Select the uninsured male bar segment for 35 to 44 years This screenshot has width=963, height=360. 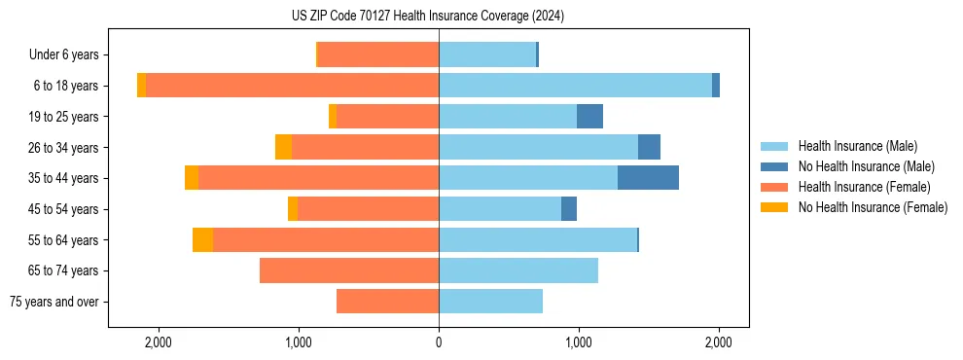pos(648,178)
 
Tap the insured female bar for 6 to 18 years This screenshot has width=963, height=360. pos(292,86)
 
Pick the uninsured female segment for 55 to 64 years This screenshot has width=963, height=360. pos(202,240)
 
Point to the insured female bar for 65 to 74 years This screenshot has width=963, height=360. pos(349,270)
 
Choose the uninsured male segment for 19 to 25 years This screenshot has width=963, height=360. pos(589,117)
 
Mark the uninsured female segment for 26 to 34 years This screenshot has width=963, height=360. pos(283,147)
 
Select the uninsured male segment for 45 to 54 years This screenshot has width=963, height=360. pos(569,209)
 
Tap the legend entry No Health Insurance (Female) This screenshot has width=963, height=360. pos(873,207)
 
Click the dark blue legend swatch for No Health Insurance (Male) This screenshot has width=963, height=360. pos(774,166)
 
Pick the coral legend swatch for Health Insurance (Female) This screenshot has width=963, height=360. pos(774,187)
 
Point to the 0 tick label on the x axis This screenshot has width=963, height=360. pos(439,342)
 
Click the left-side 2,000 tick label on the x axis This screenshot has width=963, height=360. pos(158,342)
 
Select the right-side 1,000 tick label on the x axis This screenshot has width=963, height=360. pos(579,342)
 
